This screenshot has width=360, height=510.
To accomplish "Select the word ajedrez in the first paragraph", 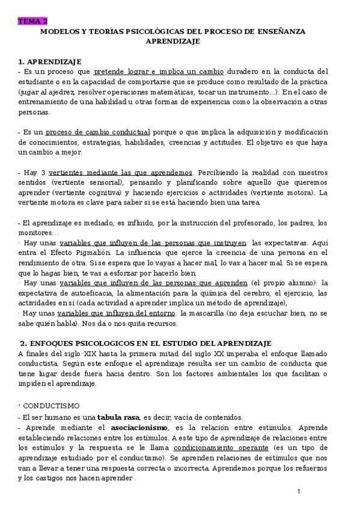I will [55, 92].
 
